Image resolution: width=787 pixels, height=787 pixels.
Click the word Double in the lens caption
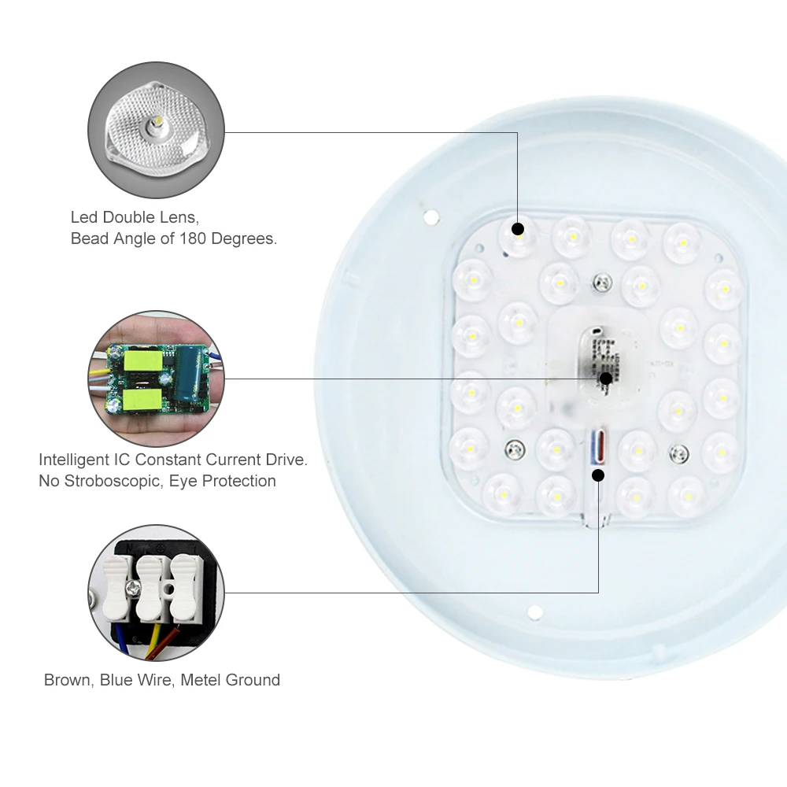(x=129, y=217)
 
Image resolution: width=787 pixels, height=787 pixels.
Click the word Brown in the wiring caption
(x=68, y=680)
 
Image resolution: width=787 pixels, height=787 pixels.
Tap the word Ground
(x=254, y=680)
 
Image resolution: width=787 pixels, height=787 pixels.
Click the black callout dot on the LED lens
(x=518, y=230)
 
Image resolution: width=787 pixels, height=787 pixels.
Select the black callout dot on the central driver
(x=605, y=379)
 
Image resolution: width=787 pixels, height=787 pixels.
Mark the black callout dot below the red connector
(x=598, y=475)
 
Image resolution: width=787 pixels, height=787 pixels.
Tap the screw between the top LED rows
(x=602, y=280)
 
